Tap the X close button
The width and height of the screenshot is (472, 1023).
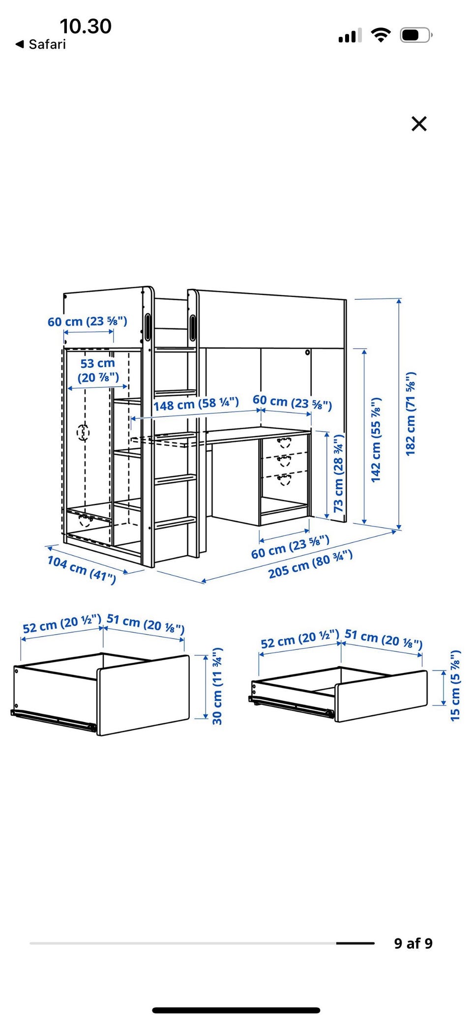tap(419, 123)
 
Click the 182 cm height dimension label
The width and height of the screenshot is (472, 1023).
tap(411, 414)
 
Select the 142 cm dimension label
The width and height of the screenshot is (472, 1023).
tap(376, 439)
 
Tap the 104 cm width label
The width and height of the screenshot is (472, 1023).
tap(82, 569)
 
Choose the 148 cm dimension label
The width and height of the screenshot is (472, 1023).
tap(196, 404)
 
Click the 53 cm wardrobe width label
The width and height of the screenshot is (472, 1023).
tap(98, 370)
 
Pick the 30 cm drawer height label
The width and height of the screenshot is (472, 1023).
tap(217, 686)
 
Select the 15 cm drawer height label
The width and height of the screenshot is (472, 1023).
tap(455, 686)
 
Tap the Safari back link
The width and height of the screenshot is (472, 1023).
tap(41, 44)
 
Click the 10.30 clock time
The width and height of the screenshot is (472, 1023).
tap(86, 26)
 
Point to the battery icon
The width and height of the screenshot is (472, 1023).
tap(416, 35)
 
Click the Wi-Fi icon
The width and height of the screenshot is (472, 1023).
tap(381, 34)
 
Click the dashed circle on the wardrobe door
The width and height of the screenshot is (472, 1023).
tap(83, 433)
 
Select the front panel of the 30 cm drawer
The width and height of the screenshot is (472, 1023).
tap(144, 695)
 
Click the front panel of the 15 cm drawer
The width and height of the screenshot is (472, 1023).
tap(382, 696)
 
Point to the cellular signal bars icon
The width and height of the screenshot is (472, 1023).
tap(350, 35)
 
